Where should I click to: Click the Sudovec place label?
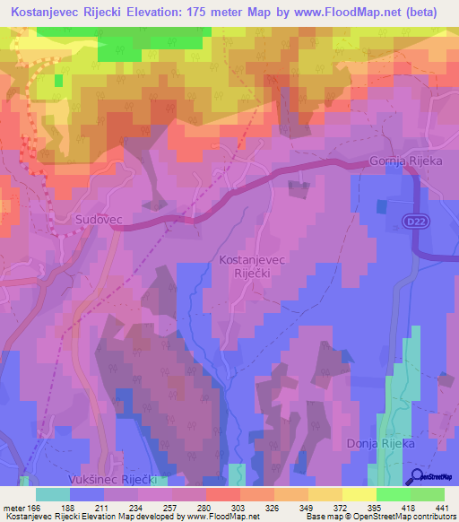(x=98, y=219)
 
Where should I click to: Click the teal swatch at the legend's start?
(x=52, y=494)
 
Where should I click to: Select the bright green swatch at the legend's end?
(x=428, y=494)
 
